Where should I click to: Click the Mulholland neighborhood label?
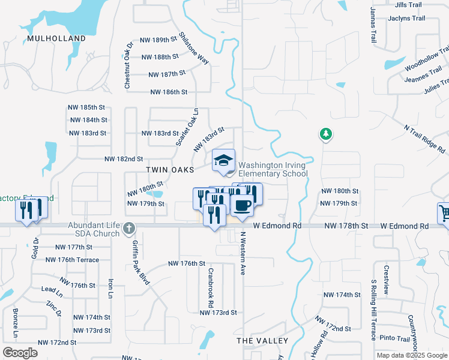(x=56, y=38)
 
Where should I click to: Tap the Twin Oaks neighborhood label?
(x=170, y=170)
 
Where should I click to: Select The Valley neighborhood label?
(x=262, y=341)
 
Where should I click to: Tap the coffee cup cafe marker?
(x=242, y=205)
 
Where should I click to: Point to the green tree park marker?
(x=326, y=134)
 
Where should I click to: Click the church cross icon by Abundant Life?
(x=130, y=227)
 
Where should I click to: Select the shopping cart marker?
(x=444, y=213)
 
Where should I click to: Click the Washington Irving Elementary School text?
(x=273, y=170)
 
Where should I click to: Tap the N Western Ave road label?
(x=244, y=253)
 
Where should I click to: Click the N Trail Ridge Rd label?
(x=424, y=139)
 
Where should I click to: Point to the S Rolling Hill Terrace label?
(x=373, y=310)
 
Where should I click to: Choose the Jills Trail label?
(x=409, y=5)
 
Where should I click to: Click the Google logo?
(x=20, y=353)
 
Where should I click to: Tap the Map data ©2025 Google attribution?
(x=411, y=355)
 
